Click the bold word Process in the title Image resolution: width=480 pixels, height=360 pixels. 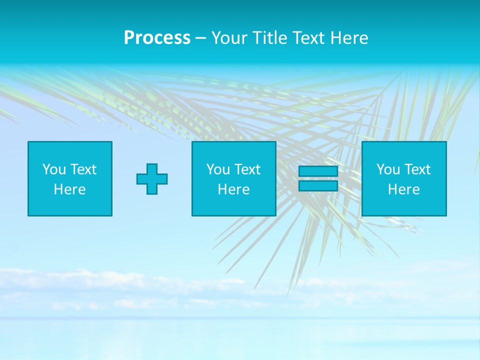point(157,38)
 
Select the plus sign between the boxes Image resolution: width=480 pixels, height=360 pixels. point(152,179)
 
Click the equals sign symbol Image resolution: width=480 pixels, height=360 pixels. point(318,178)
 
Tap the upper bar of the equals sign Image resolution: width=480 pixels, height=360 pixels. point(318,171)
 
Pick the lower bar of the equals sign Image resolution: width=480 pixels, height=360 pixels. point(318,186)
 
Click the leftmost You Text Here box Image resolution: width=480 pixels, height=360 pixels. point(70,178)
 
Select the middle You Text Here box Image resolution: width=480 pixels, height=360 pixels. point(233,178)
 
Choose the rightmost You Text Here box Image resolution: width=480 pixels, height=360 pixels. point(404,178)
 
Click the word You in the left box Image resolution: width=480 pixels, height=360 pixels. point(53,169)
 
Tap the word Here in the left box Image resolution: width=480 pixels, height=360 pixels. point(70,189)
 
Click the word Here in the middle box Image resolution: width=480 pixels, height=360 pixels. point(233,189)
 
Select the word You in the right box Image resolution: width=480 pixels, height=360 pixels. point(387,169)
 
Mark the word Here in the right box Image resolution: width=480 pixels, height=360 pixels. point(404,189)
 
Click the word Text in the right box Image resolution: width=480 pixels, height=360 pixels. point(417,169)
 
